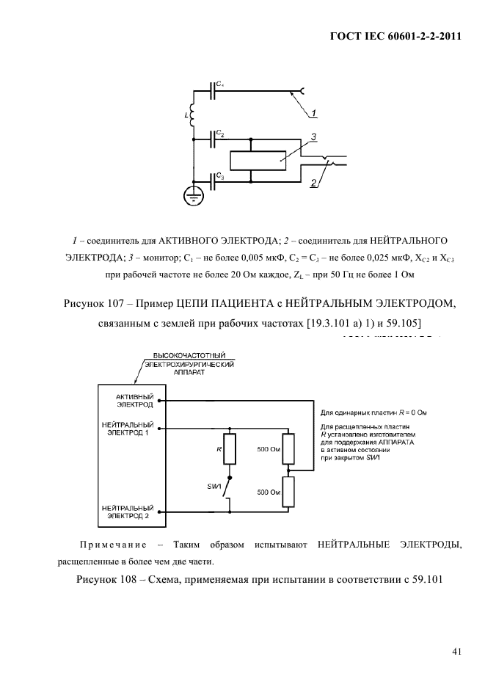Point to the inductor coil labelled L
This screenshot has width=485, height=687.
pos(193,114)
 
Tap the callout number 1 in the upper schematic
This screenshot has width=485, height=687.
pos(313,114)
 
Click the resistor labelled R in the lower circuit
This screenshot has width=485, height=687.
pos(230,449)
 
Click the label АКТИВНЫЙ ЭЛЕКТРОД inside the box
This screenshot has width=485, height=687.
pos(132,400)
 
